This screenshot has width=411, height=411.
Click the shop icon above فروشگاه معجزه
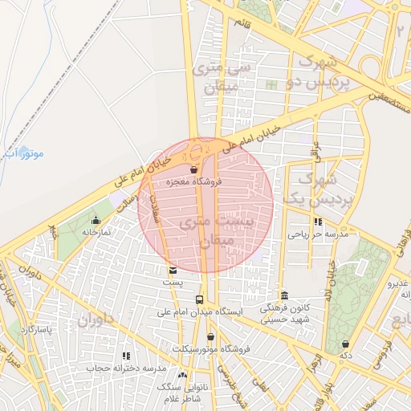tap(194, 170)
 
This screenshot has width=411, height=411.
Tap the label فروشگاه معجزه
tap(193, 183)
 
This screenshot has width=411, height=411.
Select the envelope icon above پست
tap(173, 271)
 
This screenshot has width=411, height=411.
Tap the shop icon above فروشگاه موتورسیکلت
tap(210, 337)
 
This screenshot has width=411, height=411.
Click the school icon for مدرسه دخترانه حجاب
tap(125, 356)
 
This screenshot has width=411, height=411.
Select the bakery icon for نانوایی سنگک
tap(182, 375)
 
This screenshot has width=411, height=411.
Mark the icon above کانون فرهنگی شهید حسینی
tap(284, 295)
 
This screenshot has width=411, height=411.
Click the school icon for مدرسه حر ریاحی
tap(318, 222)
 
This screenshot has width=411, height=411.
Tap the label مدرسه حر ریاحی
tap(317, 234)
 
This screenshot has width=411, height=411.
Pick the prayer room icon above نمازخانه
tap(96, 220)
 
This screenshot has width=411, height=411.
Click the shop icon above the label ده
tap(346, 344)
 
